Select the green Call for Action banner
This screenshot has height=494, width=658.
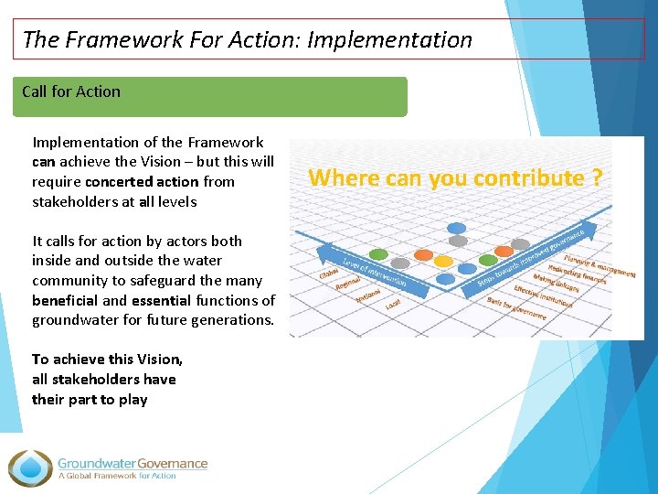point(209,96)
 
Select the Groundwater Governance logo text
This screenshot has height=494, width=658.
point(133,463)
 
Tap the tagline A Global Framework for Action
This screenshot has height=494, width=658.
point(117,476)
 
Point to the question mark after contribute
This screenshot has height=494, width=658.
point(596,177)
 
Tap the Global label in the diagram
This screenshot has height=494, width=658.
point(328,272)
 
